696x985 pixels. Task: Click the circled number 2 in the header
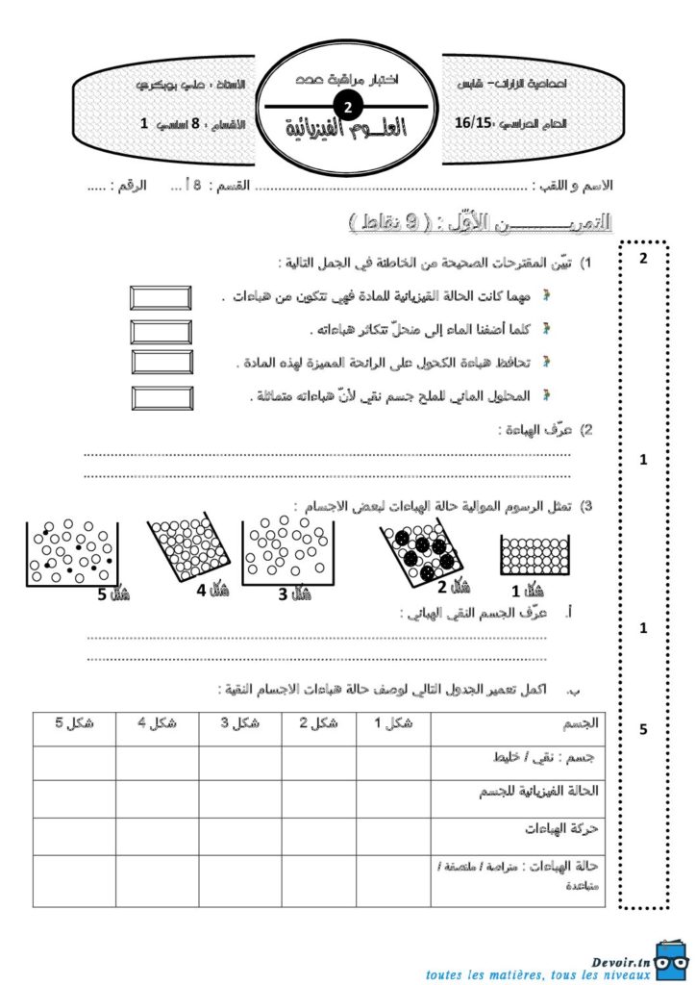coord(348,108)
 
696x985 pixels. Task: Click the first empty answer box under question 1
coord(161,296)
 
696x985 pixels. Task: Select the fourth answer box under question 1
coord(161,396)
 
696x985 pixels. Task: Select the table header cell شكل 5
coord(74,724)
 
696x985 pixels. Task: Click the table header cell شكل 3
coord(241,724)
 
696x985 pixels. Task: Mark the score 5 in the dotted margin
coord(643,730)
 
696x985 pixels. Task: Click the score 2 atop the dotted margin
coord(643,258)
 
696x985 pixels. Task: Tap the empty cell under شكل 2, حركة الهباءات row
coord(323,836)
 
